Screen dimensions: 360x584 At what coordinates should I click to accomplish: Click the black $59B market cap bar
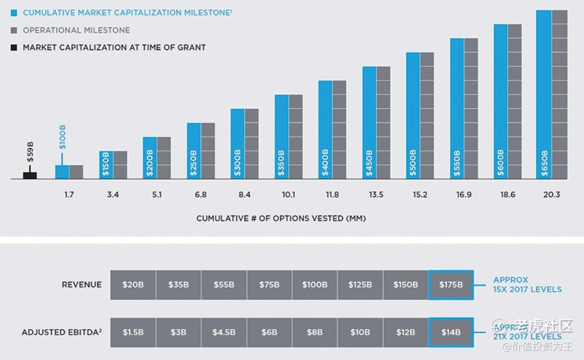[x=30, y=175]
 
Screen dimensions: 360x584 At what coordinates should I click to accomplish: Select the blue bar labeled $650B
[x=544, y=94]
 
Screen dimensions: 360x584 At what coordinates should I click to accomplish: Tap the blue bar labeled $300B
[x=238, y=144]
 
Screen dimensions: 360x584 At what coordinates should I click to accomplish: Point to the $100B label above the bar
[x=62, y=137]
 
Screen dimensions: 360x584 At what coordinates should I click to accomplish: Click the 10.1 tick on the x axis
[x=288, y=195]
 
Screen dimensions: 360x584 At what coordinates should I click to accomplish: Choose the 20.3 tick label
[x=552, y=195]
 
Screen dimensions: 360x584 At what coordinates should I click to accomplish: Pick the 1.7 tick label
[x=69, y=195]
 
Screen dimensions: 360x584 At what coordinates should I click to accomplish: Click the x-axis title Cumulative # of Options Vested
[x=281, y=218]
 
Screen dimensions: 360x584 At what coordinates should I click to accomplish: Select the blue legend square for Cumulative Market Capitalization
[x=13, y=13]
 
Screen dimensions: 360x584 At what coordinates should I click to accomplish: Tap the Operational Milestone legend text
[x=76, y=30]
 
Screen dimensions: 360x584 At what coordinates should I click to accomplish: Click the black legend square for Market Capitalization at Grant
[x=13, y=47]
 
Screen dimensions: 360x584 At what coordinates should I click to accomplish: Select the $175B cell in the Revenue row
[x=451, y=285]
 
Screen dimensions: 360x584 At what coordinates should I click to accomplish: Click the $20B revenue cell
[x=133, y=285]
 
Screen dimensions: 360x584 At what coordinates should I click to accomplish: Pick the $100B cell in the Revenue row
[x=315, y=285]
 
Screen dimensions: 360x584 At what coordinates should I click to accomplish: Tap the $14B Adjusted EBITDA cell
[x=451, y=332]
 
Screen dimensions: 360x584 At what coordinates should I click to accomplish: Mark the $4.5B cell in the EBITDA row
[x=224, y=332]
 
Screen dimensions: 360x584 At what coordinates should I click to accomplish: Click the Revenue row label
[x=81, y=285]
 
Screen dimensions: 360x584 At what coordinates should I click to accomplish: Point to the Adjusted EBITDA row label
[x=61, y=333]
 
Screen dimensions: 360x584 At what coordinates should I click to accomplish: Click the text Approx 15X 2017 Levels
[x=527, y=285]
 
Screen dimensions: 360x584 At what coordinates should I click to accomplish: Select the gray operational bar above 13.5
[x=384, y=122]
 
